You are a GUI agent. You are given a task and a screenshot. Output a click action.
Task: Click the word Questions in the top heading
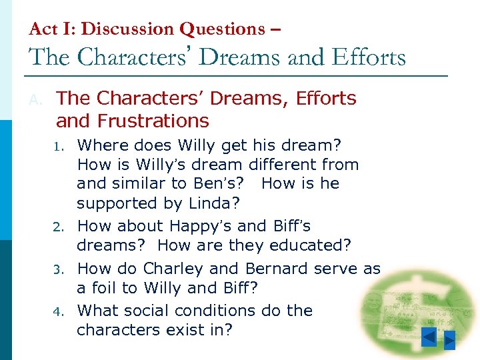coord(223,29)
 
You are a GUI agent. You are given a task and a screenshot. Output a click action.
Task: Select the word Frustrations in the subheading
coord(153,121)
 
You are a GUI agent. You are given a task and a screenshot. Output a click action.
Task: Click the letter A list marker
coord(35,99)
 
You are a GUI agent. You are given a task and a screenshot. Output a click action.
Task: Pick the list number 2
coord(59,227)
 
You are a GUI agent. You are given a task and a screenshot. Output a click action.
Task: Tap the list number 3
coord(59,270)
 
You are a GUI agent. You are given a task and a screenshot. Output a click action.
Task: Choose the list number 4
coord(59,312)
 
